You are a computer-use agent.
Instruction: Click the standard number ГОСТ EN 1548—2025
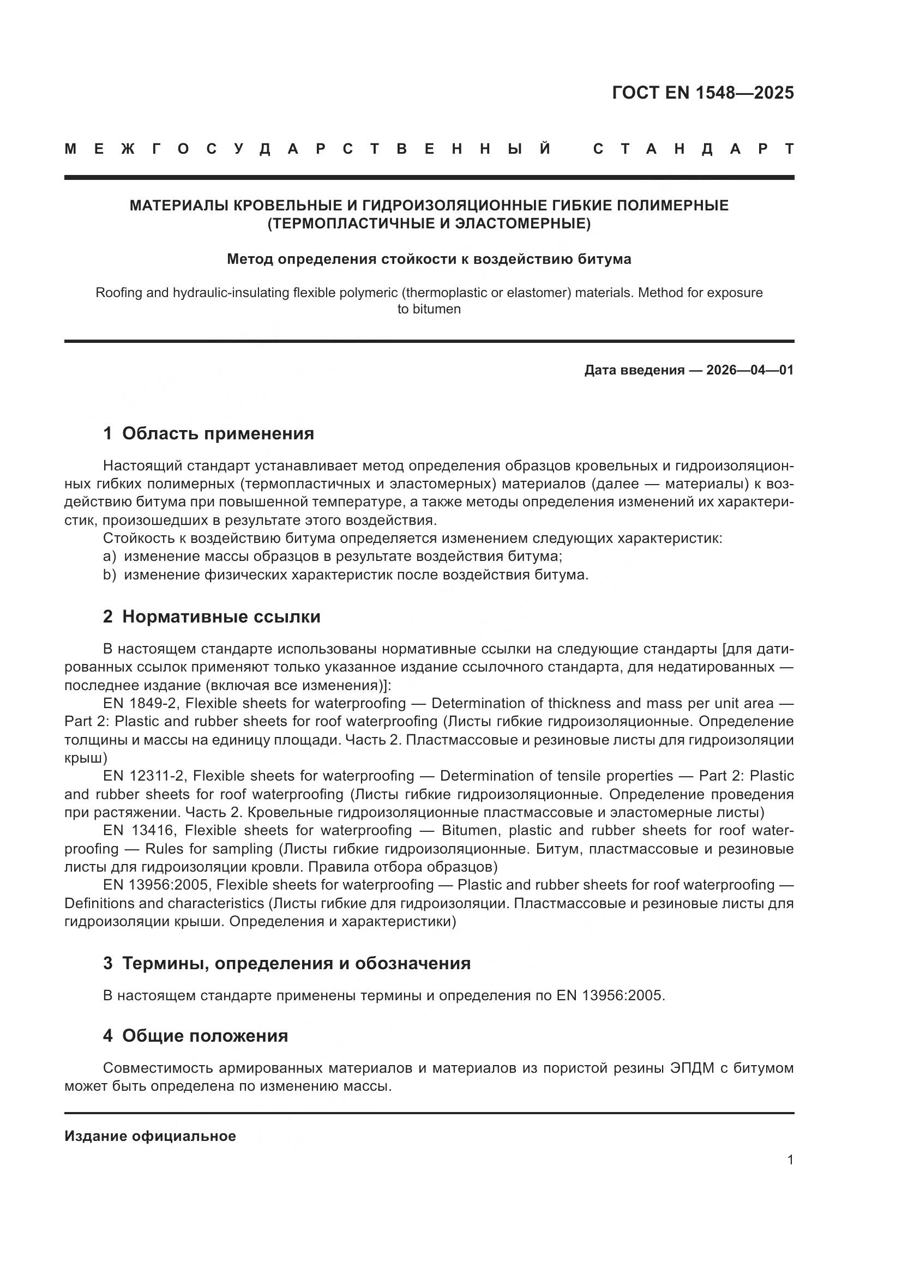702,93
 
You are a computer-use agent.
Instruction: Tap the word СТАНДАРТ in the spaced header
693,149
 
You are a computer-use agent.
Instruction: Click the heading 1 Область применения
208,433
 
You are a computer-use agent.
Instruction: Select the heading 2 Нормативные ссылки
212,617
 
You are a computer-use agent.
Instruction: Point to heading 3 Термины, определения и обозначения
287,963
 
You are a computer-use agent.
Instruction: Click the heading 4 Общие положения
196,1036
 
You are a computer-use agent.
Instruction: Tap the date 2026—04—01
750,370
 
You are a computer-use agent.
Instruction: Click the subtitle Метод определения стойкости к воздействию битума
429,259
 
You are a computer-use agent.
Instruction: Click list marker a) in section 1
110,557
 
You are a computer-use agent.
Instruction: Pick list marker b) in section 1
110,575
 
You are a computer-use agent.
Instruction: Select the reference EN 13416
140,831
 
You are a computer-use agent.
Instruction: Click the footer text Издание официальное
150,1136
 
